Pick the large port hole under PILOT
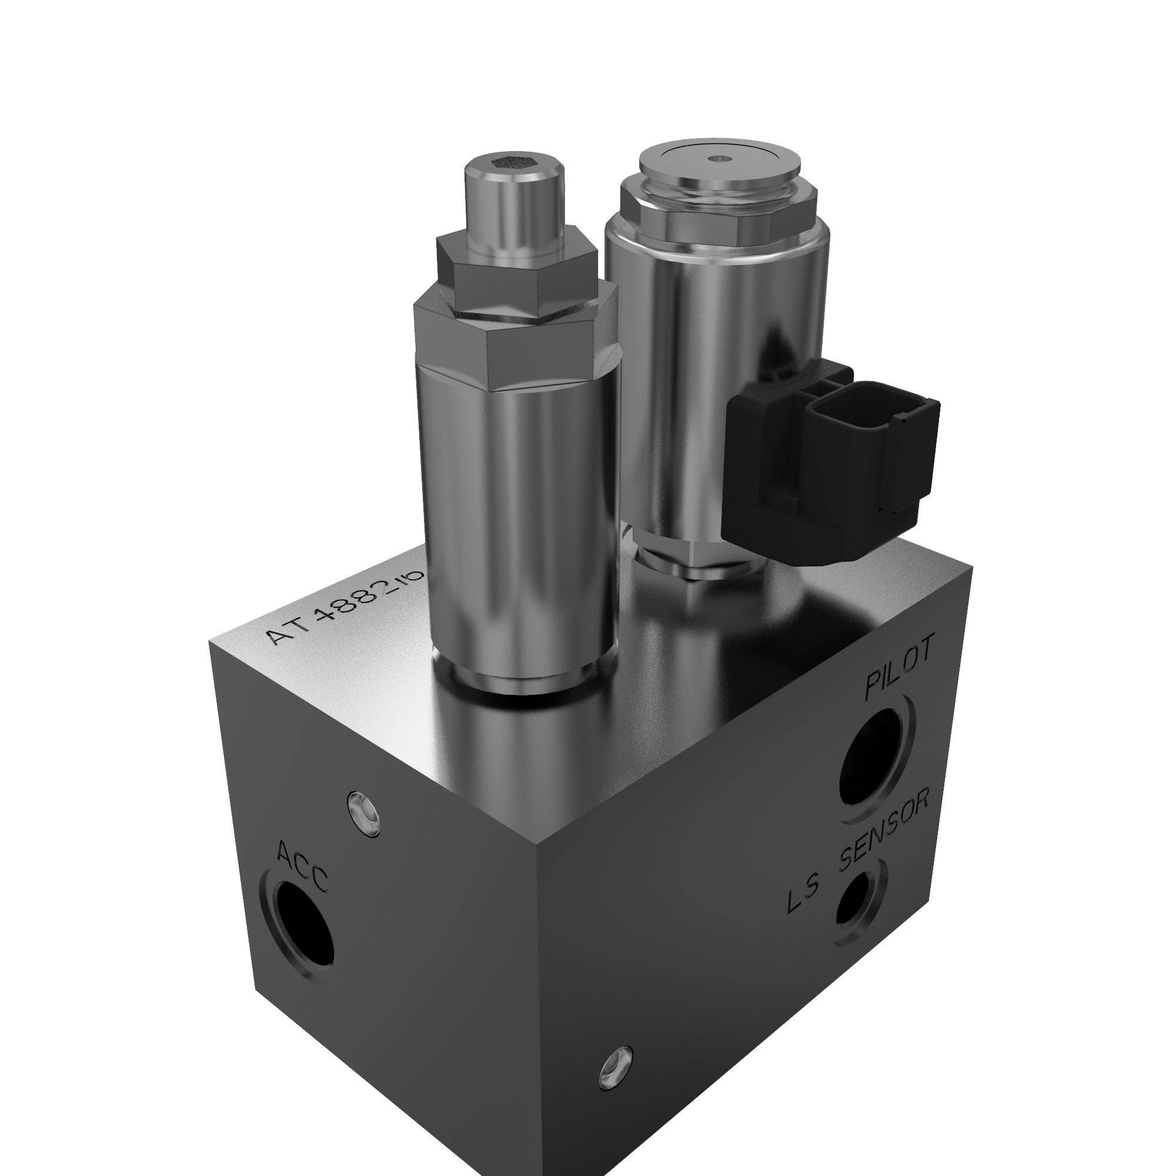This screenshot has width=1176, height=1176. pos(871,757)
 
